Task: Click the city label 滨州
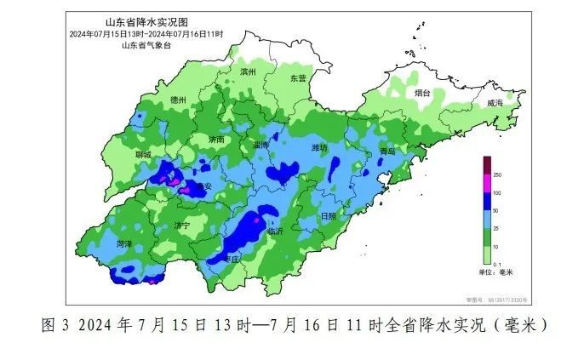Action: click(249, 72)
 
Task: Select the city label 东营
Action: click(298, 77)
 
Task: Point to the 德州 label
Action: click(178, 100)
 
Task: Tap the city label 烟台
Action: click(422, 92)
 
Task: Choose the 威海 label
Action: click(495, 102)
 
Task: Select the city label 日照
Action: click(328, 216)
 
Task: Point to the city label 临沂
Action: click(274, 231)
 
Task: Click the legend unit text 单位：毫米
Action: click(495, 272)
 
